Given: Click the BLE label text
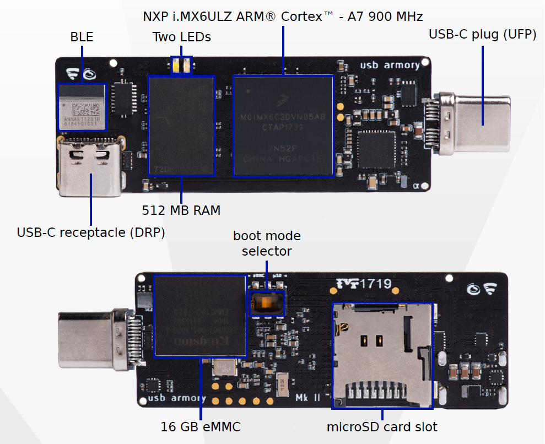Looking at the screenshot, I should (x=82, y=37).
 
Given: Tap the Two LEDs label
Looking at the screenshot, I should (x=181, y=37).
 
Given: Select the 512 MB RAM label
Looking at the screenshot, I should (x=181, y=210).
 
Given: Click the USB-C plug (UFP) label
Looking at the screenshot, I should (x=483, y=35).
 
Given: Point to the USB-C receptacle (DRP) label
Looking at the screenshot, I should (x=91, y=232).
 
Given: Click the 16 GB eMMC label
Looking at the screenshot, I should (x=201, y=426).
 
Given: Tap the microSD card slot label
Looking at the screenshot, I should (x=382, y=426).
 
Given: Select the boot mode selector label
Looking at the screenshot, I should (x=267, y=243).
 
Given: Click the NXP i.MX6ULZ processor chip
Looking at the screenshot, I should (x=283, y=126).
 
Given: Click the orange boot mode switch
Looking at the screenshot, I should (x=267, y=302).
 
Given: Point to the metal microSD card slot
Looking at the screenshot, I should (x=382, y=355).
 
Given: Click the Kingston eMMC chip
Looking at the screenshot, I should (x=200, y=316).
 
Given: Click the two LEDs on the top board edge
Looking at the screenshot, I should (x=181, y=65).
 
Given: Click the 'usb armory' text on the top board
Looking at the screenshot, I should (x=390, y=66).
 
